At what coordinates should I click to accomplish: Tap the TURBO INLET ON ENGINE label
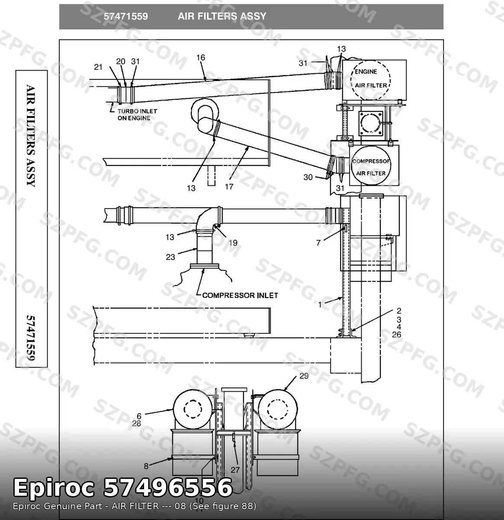tap(137, 115)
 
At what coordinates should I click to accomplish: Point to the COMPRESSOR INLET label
tap(240, 295)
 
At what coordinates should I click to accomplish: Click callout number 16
tap(201, 58)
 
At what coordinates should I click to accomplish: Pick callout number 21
tap(98, 67)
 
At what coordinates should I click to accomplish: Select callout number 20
tap(121, 62)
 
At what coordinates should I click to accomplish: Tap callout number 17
tap(229, 186)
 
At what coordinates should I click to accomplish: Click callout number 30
tap(308, 177)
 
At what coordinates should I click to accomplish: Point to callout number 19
tap(233, 243)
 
